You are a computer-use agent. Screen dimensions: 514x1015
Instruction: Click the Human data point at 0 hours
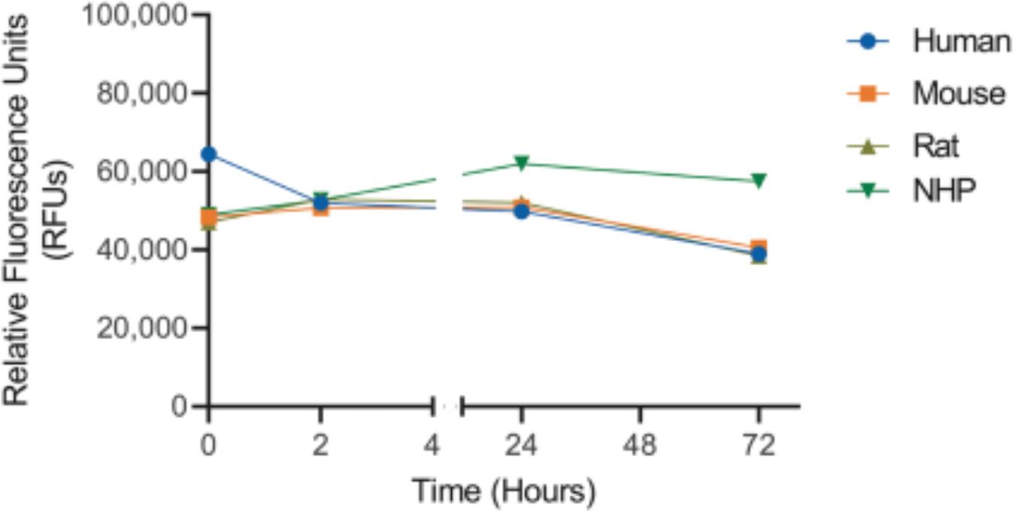(209, 154)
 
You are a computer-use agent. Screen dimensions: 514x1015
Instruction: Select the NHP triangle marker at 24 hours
(521, 164)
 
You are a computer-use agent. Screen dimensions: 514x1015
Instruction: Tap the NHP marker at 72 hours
(759, 180)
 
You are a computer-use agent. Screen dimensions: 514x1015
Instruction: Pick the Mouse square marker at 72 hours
(759, 247)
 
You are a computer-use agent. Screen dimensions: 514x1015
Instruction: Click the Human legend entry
(961, 41)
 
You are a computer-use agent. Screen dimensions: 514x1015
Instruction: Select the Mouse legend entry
(959, 94)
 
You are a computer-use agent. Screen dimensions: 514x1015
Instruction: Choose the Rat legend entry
(936, 146)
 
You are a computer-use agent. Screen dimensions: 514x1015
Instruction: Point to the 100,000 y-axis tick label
(138, 15)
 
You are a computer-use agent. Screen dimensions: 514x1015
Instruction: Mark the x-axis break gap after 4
(447, 407)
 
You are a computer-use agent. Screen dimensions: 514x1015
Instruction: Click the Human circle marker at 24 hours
(521, 212)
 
